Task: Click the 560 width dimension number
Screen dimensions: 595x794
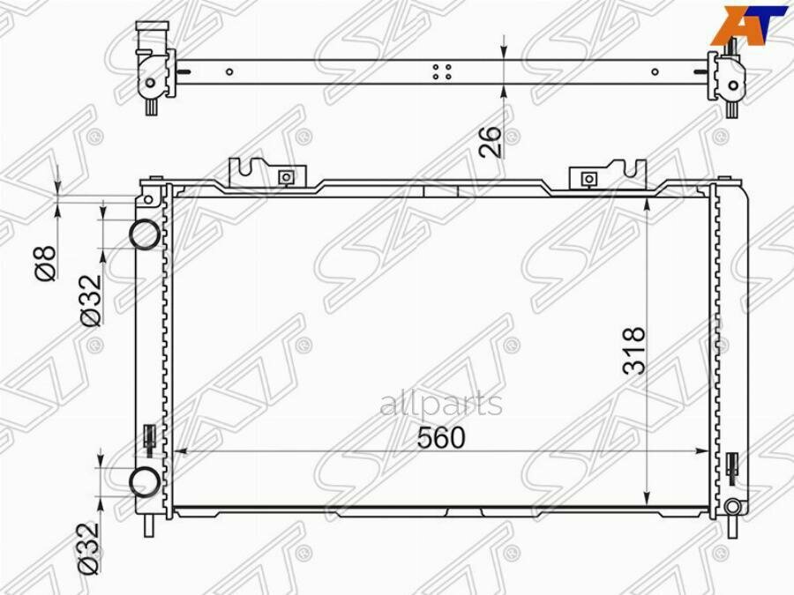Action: pyautogui.click(x=440, y=437)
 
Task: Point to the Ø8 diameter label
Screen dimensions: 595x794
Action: pyautogui.click(x=46, y=263)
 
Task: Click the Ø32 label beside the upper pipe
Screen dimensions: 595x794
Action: pyautogui.click(x=92, y=301)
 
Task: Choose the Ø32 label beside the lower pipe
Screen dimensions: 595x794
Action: pyautogui.click(x=91, y=548)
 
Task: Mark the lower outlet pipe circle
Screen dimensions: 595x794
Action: pyautogui.click(x=145, y=481)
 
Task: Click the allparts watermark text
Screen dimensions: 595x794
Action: pyautogui.click(x=441, y=405)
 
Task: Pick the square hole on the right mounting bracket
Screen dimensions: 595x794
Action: pyautogui.click(x=589, y=179)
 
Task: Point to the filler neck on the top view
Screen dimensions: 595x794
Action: pyautogui.click(x=151, y=40)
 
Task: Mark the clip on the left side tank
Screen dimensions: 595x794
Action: pyautogui.click(x=150, y=439)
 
